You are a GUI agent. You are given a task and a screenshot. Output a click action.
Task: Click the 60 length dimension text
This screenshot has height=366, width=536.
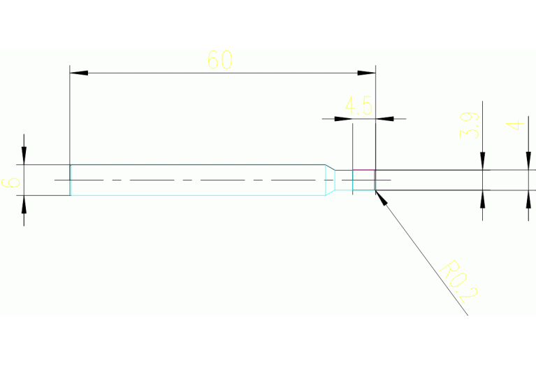(220, 60)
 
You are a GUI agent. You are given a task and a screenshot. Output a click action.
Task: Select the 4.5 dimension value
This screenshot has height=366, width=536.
(358, 106)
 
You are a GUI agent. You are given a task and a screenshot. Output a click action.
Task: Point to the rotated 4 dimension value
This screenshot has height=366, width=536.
(515, 126)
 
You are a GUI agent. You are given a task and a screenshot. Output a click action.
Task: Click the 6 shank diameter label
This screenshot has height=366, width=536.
(11, 183)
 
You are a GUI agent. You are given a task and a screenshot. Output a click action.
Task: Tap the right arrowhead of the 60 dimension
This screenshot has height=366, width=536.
(368, 73)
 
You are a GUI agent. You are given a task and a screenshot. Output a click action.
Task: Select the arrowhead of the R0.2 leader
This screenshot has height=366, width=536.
(380, 197)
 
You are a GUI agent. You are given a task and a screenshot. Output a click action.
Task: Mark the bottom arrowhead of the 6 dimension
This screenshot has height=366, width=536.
(24, 204)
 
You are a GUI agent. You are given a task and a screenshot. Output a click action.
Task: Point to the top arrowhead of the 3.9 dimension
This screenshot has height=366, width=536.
(482, 162)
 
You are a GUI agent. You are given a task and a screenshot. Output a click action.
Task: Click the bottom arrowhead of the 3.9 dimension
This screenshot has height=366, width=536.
(482, 199)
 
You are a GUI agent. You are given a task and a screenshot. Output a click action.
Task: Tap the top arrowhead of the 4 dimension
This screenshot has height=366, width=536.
(528, 162)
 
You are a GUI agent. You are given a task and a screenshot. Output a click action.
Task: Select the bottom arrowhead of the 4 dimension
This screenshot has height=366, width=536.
(528, 199)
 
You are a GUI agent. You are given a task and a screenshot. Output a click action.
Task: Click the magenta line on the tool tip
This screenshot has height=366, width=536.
(363, 169)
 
